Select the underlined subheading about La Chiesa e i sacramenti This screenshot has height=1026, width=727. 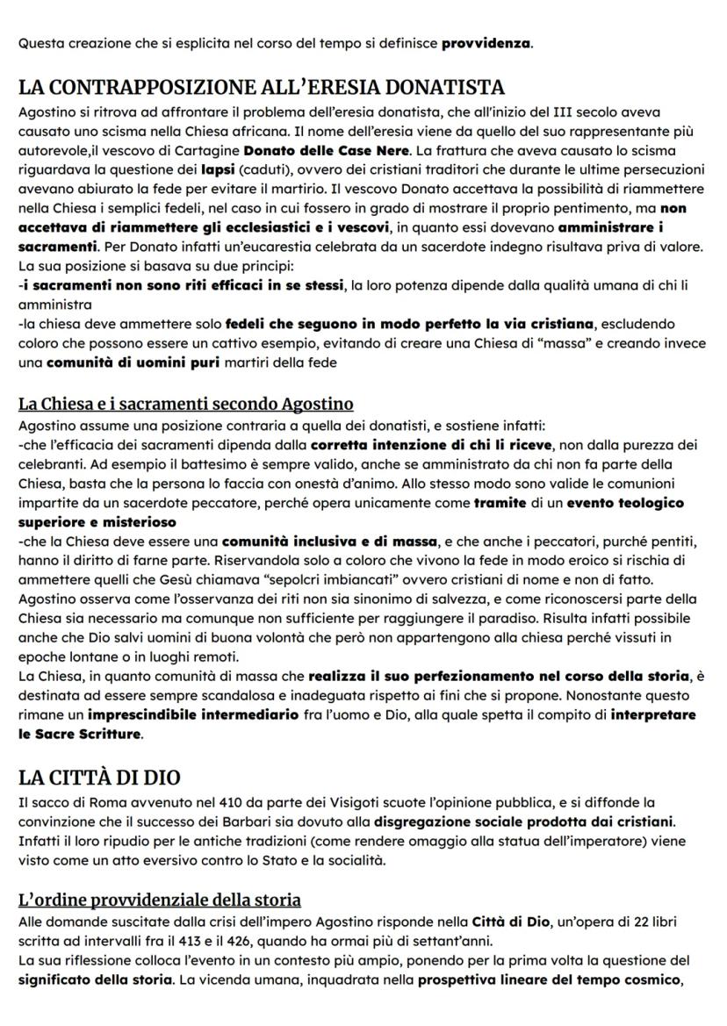185,404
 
